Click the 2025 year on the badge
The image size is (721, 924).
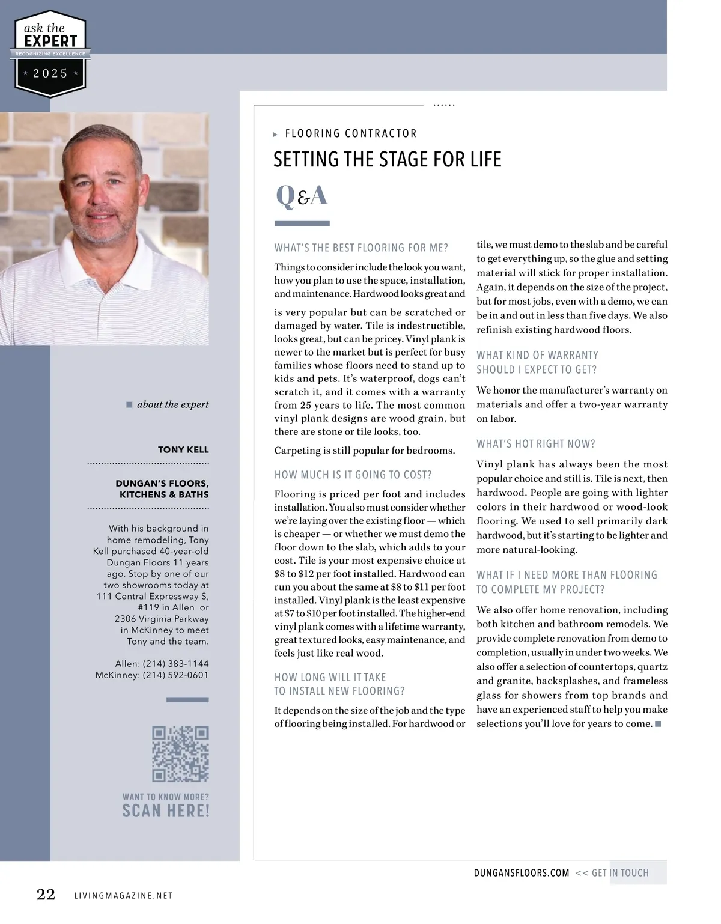50,73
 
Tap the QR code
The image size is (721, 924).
180,753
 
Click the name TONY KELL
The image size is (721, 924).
183,449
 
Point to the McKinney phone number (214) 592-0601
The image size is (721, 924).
175,675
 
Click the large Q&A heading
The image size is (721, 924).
302,196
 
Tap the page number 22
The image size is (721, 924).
46,895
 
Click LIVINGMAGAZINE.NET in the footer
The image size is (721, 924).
123,896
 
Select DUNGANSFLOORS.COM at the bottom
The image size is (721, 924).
521,873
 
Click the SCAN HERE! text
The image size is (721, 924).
166,810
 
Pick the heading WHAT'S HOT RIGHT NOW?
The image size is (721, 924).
535,444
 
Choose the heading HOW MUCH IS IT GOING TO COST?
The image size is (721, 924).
353,475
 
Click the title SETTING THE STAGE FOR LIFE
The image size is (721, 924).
387,159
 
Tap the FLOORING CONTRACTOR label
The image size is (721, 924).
350,133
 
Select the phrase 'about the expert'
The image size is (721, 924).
172,404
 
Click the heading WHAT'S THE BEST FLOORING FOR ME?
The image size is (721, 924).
361,248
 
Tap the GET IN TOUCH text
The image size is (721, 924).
620,873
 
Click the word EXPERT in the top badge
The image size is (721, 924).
50,41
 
